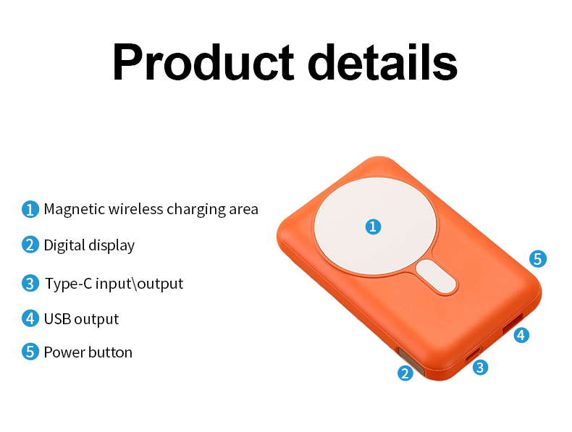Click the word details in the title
(382, 63)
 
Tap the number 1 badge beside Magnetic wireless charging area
(30, 210)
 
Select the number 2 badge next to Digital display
(30, 245)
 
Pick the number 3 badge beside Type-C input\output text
(30, 283)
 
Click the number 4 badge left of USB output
(30, 318)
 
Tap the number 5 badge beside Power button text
(30, 352)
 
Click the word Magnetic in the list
(74, 210)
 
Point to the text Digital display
(89, 245)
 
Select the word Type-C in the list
(68, 283)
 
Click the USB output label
(81, 318)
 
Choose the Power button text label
(88, 352)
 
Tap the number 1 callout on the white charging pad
(372, 227)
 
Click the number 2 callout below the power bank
(405, 373)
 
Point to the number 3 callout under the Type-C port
(479, 368)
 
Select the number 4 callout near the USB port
(521, 335)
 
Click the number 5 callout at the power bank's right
(537, 259)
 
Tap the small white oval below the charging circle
(437, 279)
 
